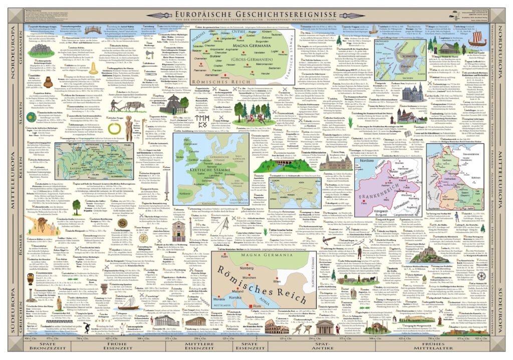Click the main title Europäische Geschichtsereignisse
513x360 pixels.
pos(256,9)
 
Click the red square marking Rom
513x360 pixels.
pos(261,319)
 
